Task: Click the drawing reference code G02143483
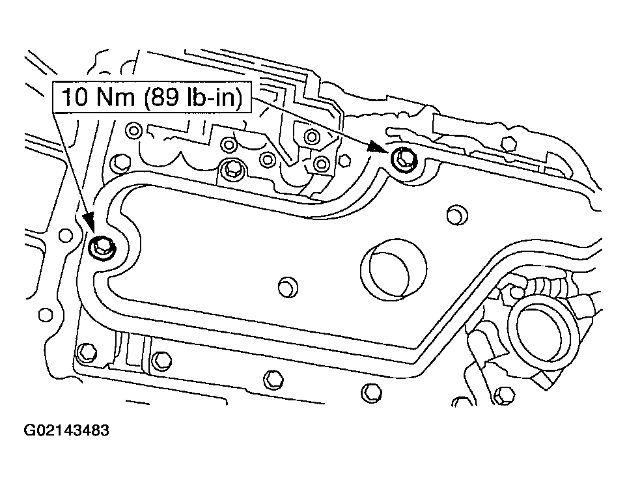(x=66, y=431)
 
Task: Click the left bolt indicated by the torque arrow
(x=102, y=247)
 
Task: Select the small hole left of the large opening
(x=286, y=285)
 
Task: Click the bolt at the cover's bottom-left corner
(x=85, y=352)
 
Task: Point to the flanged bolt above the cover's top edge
(x=231, y=171)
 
